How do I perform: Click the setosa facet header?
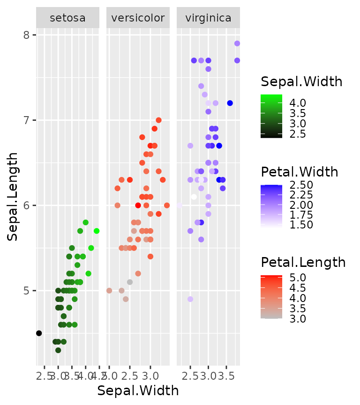(x=67, y=18)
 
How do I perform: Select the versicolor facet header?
(x=138, y=18)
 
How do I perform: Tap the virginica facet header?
(x=208, y=18)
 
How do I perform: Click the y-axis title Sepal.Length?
(x=13, y=197)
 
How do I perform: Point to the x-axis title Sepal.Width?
(x=138, y=390)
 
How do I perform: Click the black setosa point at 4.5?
(x=39, y=333)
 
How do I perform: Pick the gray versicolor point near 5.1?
(x=130, y=282)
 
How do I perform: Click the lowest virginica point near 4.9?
(x=190, y=299)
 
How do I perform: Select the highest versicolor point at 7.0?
(x=158, y=120)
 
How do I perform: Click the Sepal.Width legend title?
(x=301, y=82)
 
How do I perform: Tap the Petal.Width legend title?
(x=300, y=172)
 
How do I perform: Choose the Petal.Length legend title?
(x=303, y=262)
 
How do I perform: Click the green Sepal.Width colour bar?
(x=271, y=116)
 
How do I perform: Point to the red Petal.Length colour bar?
(x=271, y=297)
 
